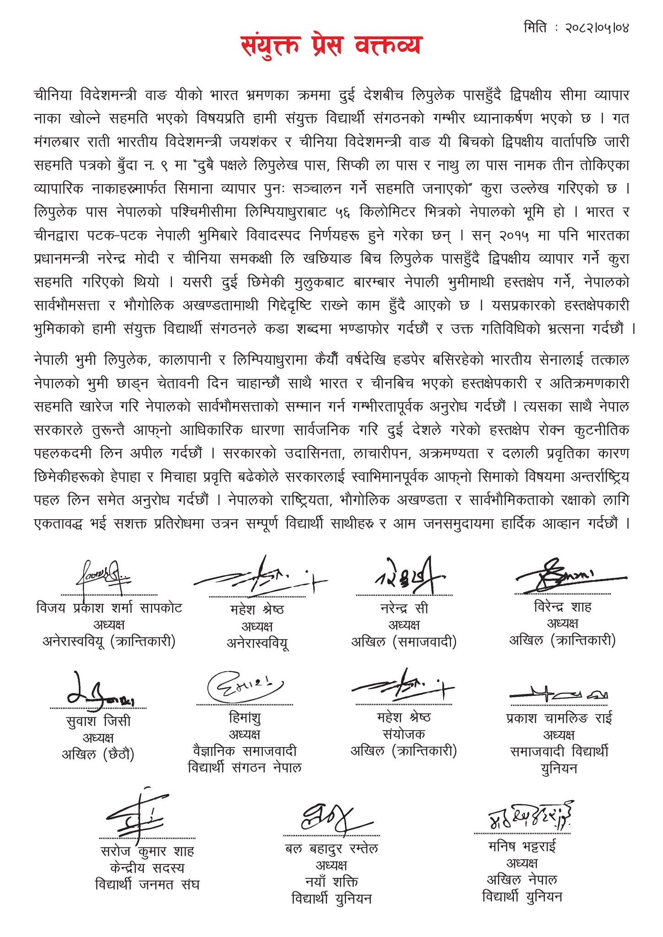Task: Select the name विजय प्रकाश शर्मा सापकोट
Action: (x=109, y=608)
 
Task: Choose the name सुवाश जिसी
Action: (x=98, y=721)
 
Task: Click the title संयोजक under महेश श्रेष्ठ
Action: (x=403, y=734)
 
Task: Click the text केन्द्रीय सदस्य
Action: (x=147, y=868)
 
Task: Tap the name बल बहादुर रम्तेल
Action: (x=331, y=849)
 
